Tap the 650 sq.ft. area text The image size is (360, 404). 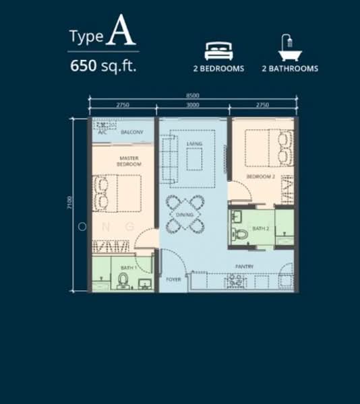[x=104, y=66]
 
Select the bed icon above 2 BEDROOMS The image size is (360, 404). [x=217, y=50]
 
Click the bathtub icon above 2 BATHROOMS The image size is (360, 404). [x=288, y=48]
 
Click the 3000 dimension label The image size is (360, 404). [x=192, y=106]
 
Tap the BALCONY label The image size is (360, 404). [x=132, y=132]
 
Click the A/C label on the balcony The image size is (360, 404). [x=102, y=132]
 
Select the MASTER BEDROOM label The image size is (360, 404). [x=127, y=161]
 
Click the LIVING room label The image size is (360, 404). [x=194, y=143]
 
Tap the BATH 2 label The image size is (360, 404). [x=261, y=229]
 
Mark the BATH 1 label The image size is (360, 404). [x=128, y=268]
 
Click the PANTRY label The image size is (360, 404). [x=244, y=267]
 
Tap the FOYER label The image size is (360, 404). [x=173, y=278]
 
